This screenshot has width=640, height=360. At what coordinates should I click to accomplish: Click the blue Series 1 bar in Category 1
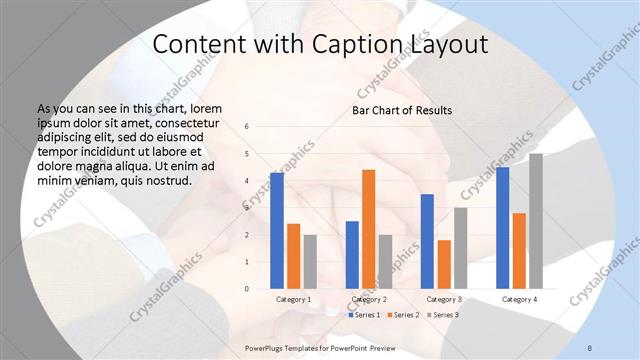(277, 231)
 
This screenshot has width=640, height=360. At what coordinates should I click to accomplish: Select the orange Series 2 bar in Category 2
(368, 229)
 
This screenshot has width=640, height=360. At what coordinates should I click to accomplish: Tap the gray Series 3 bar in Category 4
(536, 221)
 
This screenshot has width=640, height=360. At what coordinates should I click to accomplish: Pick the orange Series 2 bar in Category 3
(444, 264)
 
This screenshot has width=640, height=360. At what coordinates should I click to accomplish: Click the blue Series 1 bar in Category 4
(503, 228)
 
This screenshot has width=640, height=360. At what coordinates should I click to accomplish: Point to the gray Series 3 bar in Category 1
(310, 262)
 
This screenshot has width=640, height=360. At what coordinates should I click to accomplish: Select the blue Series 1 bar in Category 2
(352, 255)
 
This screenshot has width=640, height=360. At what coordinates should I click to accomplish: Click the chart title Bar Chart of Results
(402, 110)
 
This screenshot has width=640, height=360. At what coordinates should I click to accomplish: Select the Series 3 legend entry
(444, 315)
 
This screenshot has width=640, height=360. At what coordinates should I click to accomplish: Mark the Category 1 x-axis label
(293, 299)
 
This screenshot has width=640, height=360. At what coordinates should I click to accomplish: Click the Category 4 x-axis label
(519, 299)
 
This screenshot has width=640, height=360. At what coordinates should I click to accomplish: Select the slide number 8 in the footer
(590, 347)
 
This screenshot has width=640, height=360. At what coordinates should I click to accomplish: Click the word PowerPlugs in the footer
(268, 347)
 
